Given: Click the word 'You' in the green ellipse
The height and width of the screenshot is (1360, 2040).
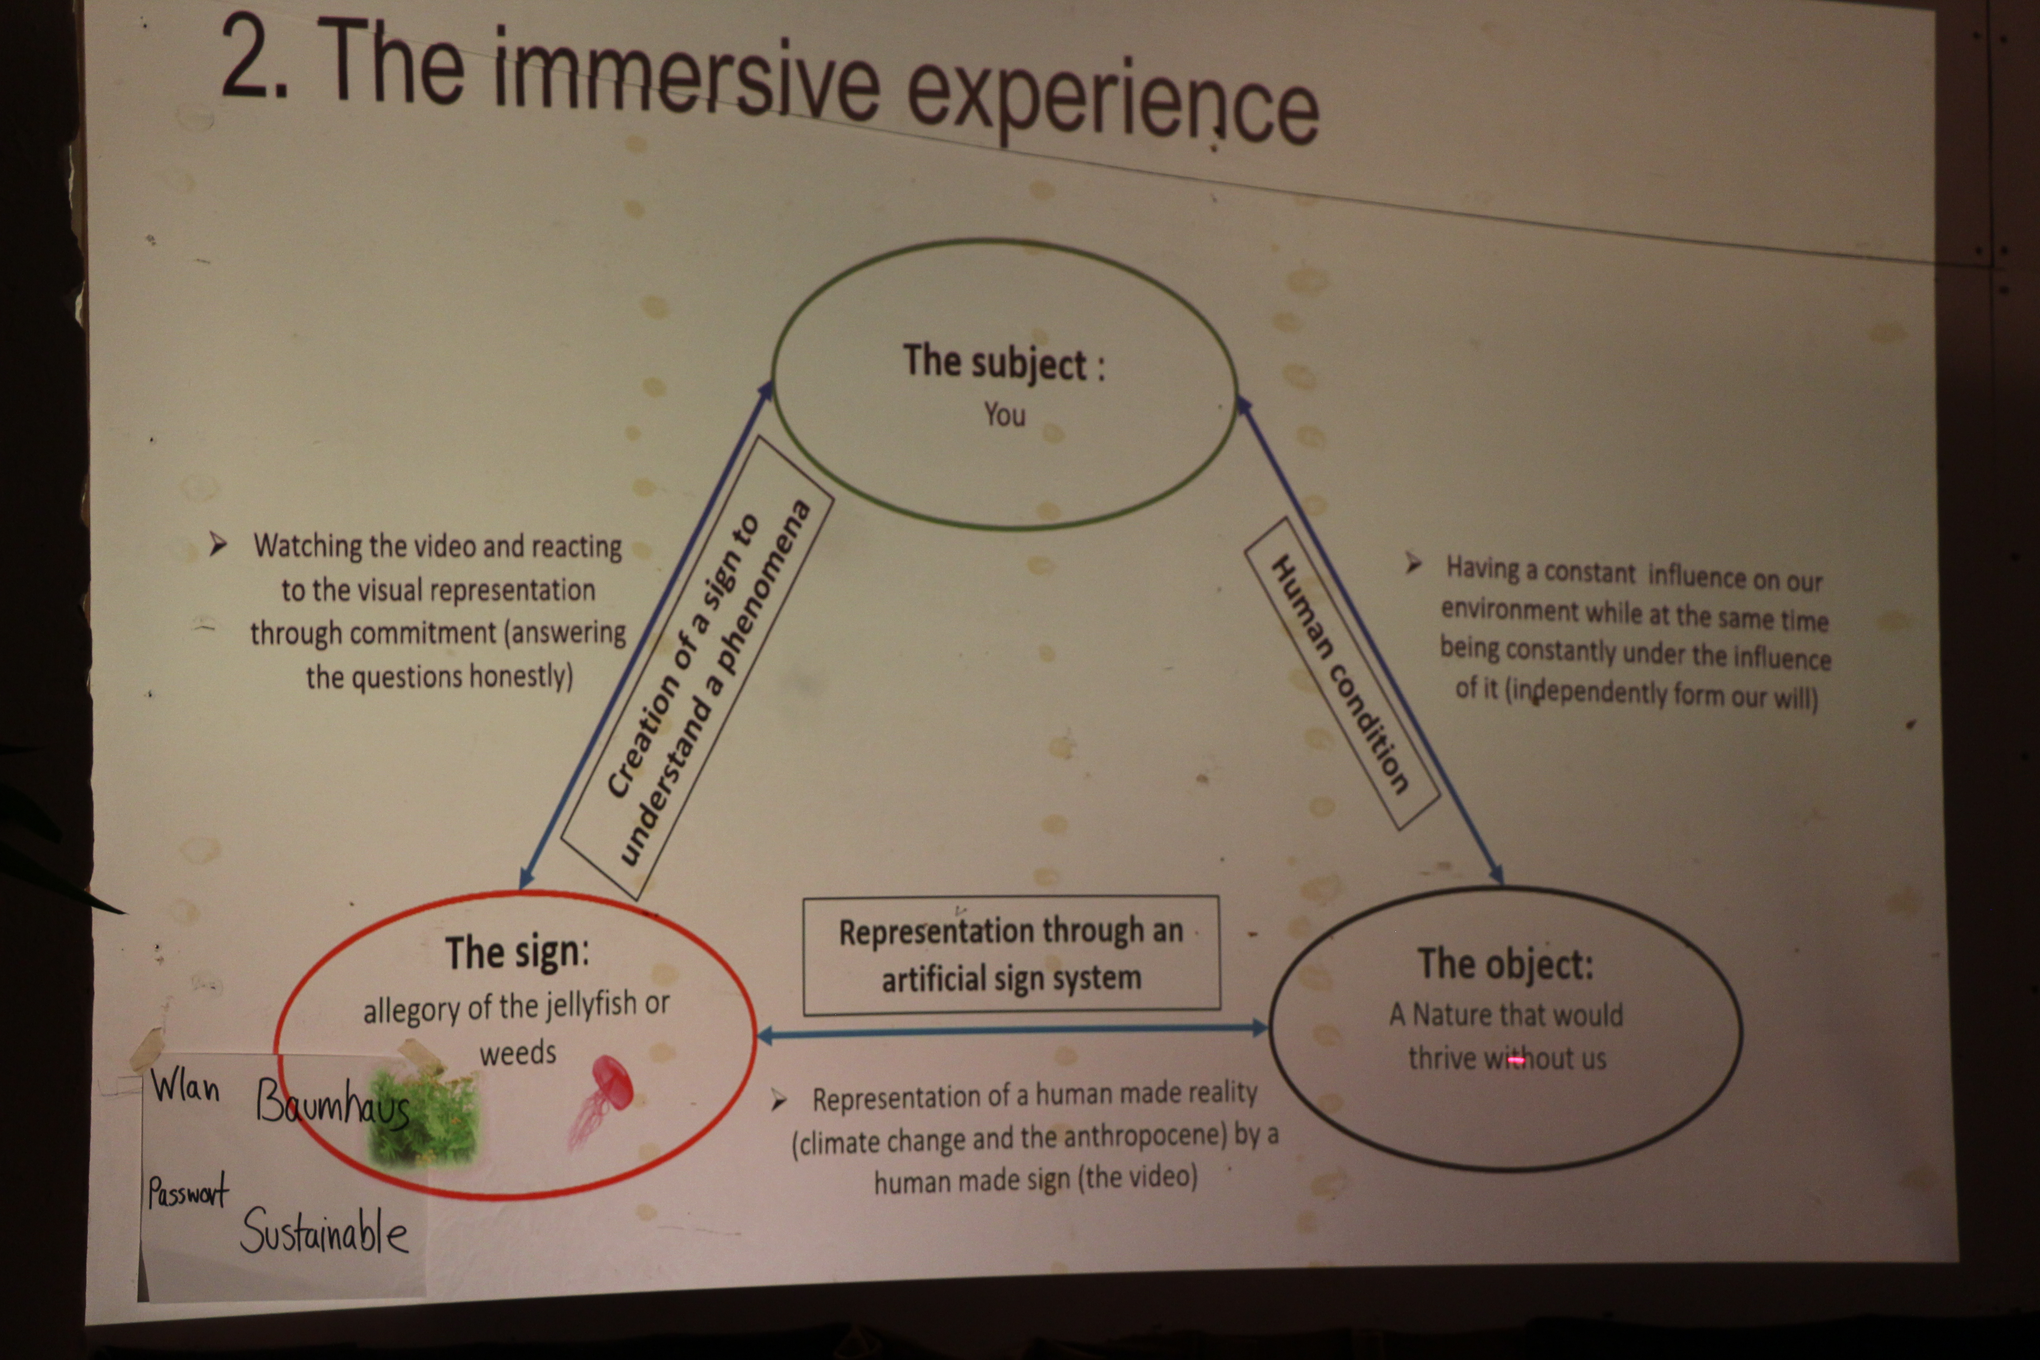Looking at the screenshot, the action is tap(1004, 415).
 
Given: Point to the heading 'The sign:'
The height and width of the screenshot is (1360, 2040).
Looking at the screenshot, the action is tap(517, 952).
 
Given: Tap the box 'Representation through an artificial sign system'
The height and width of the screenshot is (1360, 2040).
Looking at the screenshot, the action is tap(1011, 955).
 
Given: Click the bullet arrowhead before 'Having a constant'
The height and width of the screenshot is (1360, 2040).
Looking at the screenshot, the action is tap(1413, 564).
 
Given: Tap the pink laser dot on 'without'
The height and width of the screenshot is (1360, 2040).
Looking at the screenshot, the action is tap(1516, 1060).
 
